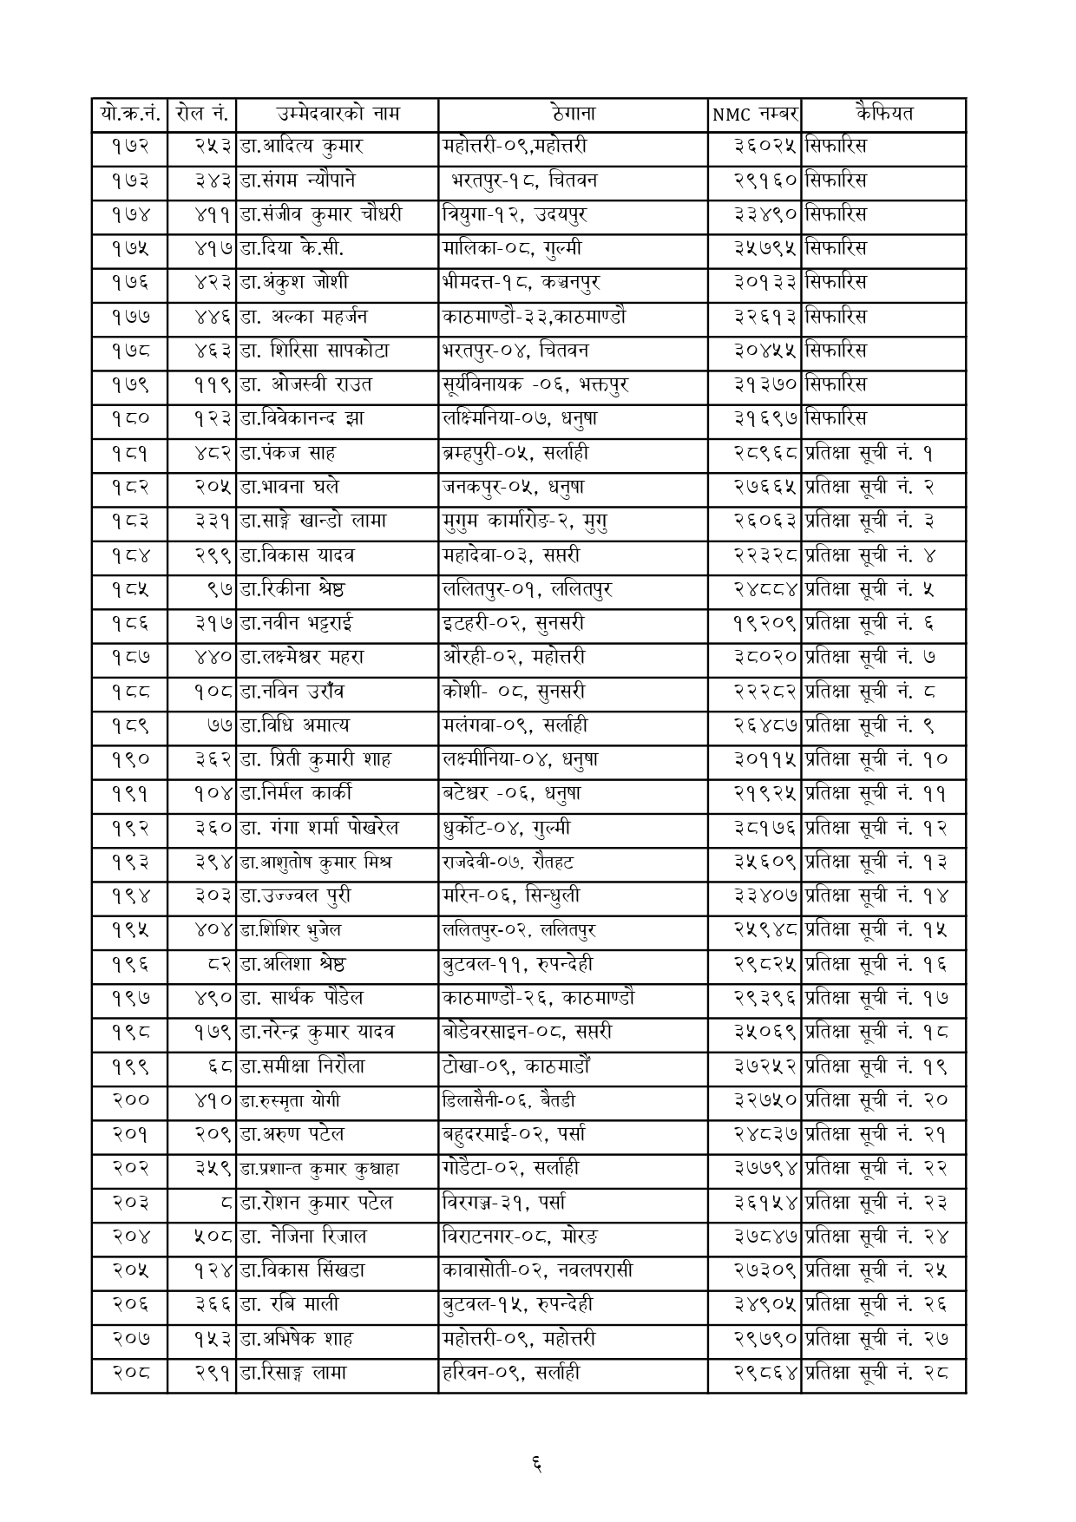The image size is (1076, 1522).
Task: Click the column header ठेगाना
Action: [573, 114]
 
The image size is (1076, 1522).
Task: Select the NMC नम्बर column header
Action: [754, 115]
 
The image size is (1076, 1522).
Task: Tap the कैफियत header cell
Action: [882, 114]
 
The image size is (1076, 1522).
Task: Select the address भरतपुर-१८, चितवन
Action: [523, 180]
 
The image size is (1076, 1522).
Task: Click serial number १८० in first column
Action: [130, 419]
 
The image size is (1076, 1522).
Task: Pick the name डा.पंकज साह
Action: [287, 453]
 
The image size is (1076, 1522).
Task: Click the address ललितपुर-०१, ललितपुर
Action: [527, 589]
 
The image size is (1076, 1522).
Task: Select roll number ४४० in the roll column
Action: [213, 657]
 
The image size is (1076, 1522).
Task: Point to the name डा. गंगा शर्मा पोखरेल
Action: [318, 828]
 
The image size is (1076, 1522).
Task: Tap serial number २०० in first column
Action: [130, 1100]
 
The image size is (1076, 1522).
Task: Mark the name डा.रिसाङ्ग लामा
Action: [293, 1373]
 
